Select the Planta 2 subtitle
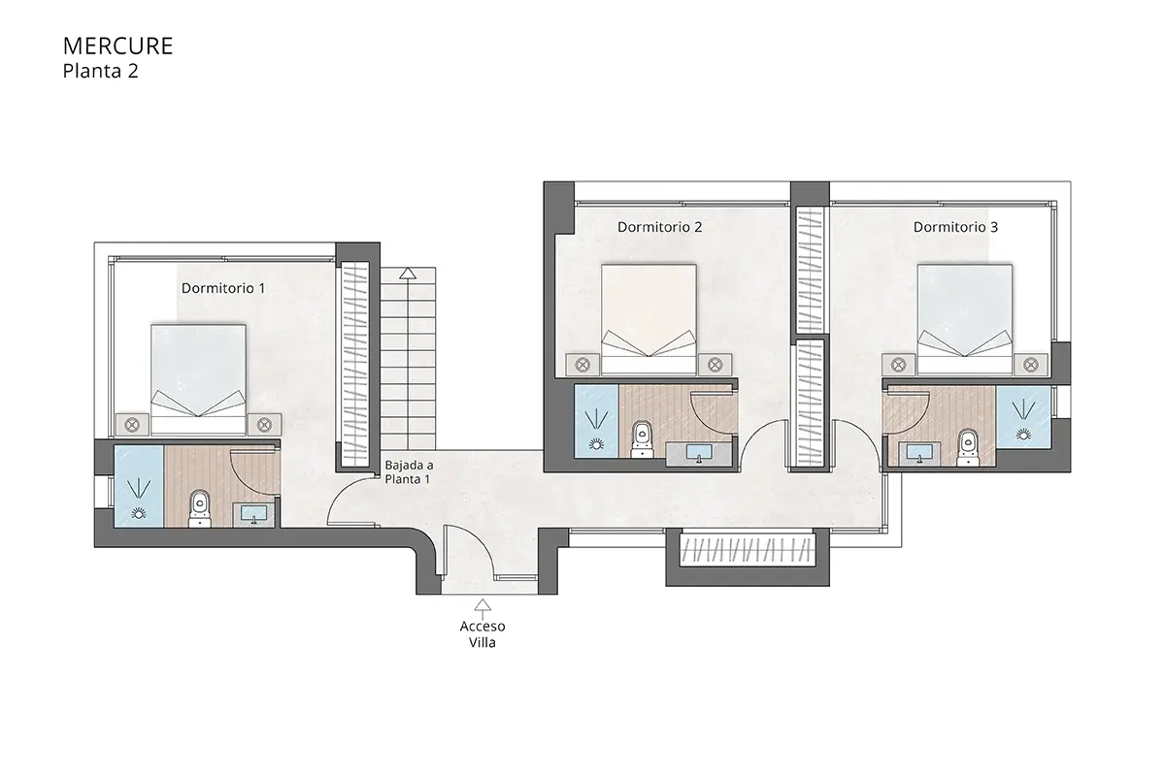tap(100, 70)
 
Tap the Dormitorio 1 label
tap(223, 288)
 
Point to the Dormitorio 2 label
tap(659, 227)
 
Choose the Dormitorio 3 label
tap(955, 227)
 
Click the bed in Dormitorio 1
tap(198, 378)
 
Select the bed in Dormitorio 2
tap(649, 318)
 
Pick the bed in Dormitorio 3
tap(965, 318)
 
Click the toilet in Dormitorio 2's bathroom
tap(641, 437)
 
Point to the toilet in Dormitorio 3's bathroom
tap(966, 441)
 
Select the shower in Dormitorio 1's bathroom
tap(138, 486)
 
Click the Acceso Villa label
tap(482, 634)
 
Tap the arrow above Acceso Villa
tap(482, 605)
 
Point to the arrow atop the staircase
tap(407, 275)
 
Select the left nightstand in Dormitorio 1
tap(132, 424)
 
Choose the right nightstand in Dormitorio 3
tap(1031, 364)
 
